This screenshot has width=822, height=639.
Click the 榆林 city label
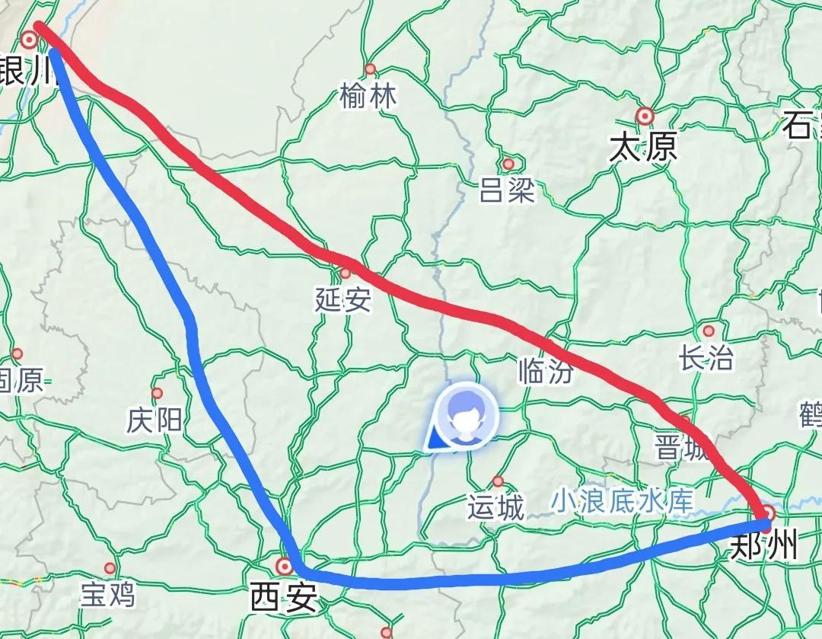[369, 97]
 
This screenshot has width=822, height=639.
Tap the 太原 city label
[643, 146]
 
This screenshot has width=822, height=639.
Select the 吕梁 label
[508, 190]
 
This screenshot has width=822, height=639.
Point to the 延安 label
[343, 301]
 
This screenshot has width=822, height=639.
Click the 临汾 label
[545, 371]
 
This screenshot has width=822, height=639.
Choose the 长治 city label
[707, 358]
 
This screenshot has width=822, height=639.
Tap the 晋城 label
[681, 448]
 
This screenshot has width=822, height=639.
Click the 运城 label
[496, 507]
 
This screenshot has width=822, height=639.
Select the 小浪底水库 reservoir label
[623, 500]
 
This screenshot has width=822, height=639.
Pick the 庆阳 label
[155, 420]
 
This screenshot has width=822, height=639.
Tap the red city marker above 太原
[645, 116]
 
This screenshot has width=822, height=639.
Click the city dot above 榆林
[371, 69]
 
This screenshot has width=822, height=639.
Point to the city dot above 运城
[498, 481]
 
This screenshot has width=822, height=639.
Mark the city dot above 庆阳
[157, 394]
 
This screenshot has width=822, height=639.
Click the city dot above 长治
[709, 331]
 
